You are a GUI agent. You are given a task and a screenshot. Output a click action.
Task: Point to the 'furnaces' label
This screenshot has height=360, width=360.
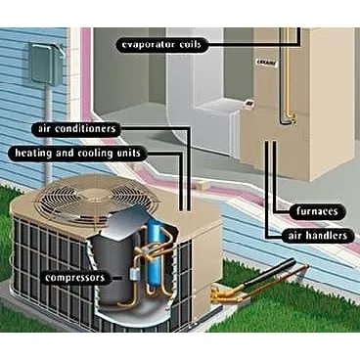click(x=317, y=209)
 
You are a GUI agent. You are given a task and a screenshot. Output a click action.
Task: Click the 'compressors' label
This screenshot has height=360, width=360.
click(x=74, y=277)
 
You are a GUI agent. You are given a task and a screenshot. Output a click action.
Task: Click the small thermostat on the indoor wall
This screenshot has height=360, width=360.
click(x=249, y=103)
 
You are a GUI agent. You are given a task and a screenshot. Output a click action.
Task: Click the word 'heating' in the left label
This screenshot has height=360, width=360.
click(x=32, y=153)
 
